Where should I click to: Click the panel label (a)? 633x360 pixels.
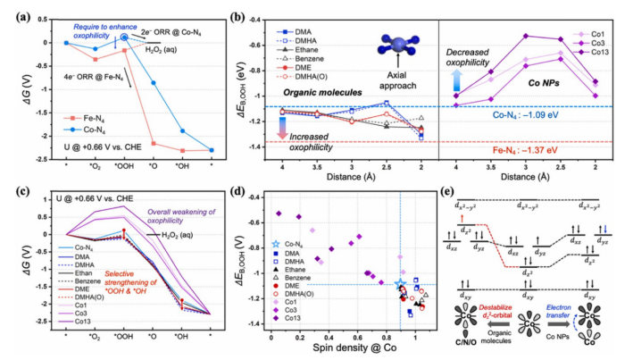point(12,12)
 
